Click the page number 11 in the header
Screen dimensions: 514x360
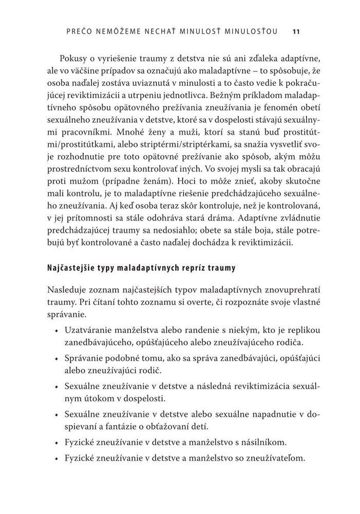(x=296, y=31)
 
